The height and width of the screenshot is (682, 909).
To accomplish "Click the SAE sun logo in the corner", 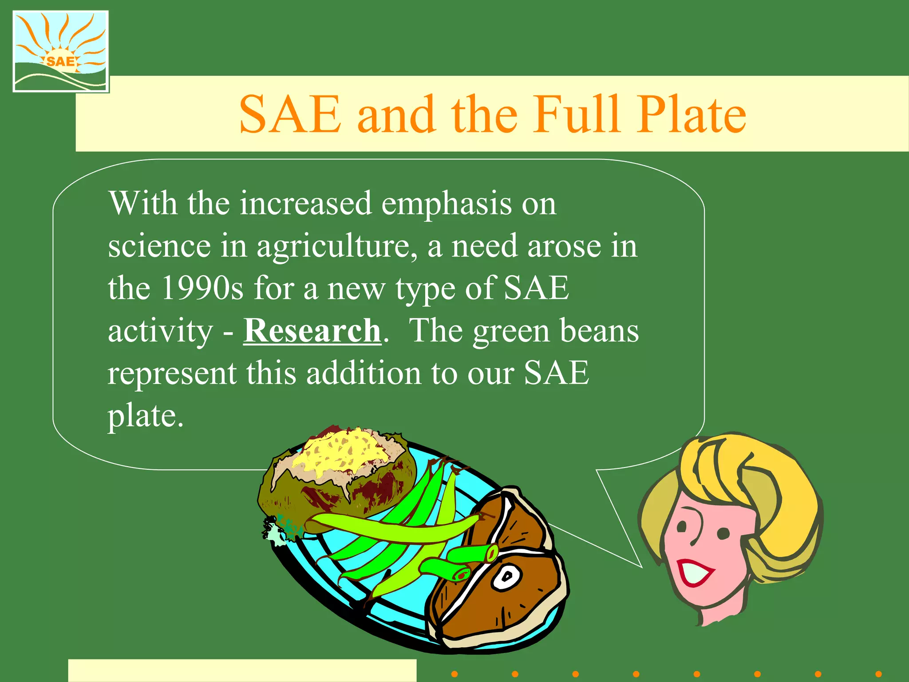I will [61, 52].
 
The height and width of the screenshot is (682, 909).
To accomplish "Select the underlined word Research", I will [312, 331].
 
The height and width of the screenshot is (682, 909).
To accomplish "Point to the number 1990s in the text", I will [202, 288].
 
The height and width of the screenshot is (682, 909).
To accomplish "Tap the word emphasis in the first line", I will [447, 203].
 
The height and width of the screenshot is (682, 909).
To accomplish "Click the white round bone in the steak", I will [506, 576].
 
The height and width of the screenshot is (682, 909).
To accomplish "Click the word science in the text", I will [159, 246].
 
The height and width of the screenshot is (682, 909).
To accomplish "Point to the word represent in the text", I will [172, 373].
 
